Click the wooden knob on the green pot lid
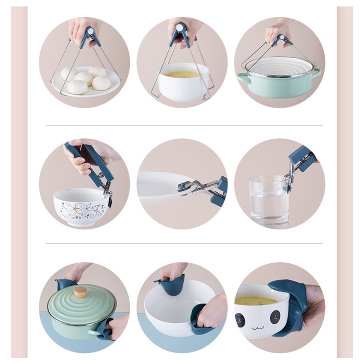tap(80, 292)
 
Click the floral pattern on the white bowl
tap(81, 209)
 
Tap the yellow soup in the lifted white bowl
tap(183, 75)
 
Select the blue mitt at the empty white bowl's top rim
tap(171, 285)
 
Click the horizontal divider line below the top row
tap(184, 125)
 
